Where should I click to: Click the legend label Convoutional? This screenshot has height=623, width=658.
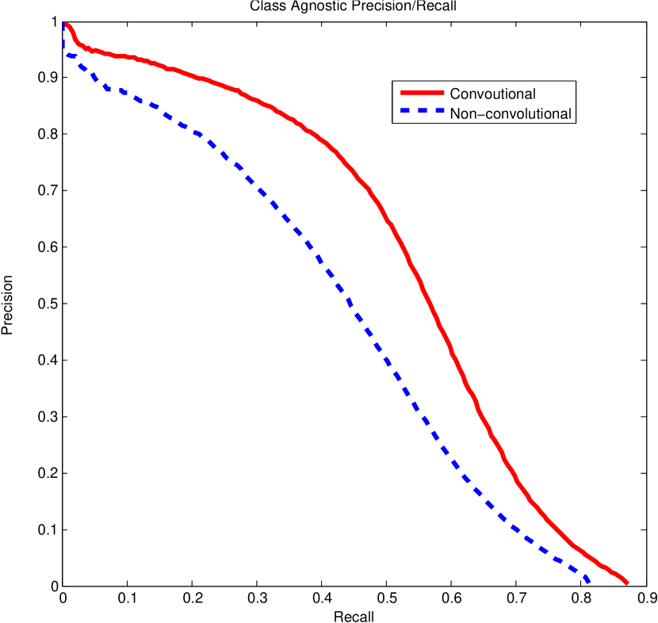pos(492,94)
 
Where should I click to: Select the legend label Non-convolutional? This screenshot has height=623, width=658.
pos(510,114)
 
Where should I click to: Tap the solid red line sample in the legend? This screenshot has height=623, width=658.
pos(420,94)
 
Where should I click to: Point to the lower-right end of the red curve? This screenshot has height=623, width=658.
pos(627,583)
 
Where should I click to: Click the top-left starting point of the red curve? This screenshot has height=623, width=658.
pos(65,23)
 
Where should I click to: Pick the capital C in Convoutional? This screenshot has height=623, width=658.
pos(454,94)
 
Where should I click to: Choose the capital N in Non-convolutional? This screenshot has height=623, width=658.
pos(454,114)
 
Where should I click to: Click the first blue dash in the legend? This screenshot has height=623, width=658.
pos(402,113)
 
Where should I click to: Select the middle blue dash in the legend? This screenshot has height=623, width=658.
pos(420,113)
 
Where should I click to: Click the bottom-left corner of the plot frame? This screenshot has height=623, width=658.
pos(63,585)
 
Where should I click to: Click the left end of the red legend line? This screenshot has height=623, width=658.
pos(398,94)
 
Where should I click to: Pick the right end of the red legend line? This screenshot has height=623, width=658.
pos(442,94)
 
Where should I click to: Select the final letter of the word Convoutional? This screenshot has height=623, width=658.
pos(534,94)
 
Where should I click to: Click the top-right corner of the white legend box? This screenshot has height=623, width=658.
pos(575,81)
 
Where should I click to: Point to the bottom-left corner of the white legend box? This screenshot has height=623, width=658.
pos(393,123)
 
